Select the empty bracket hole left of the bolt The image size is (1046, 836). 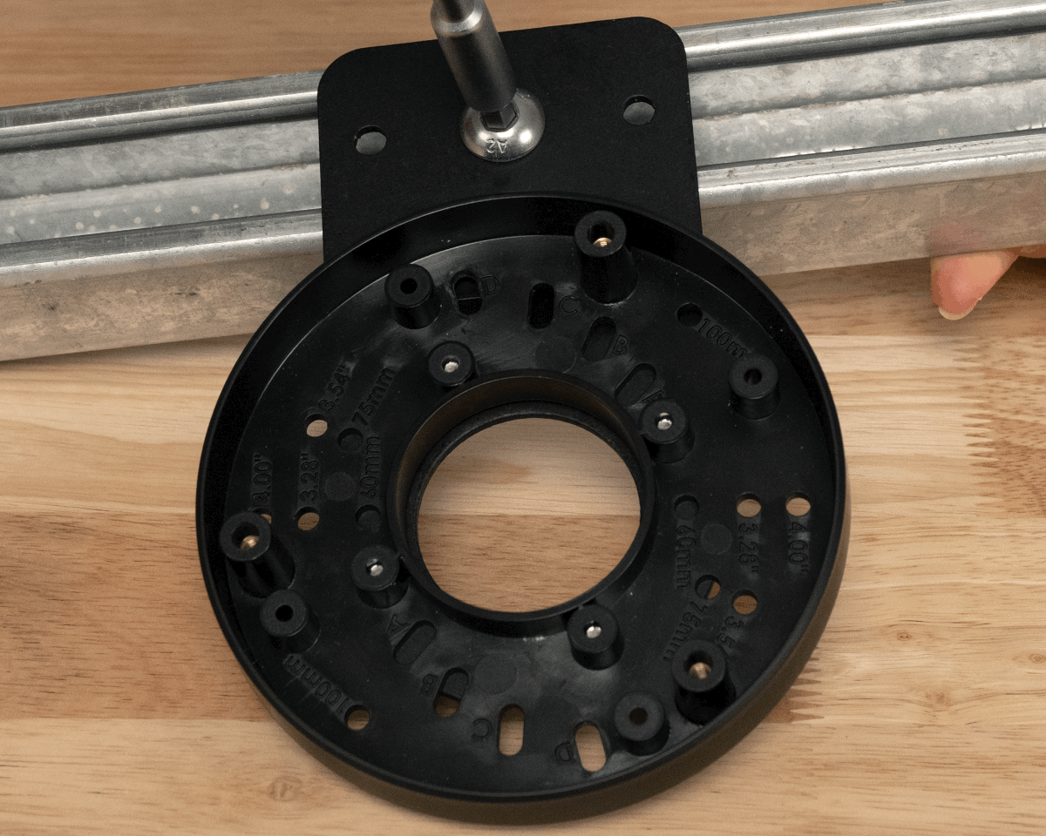370,139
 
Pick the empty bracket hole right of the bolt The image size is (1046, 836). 639,111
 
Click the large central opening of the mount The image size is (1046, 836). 527,514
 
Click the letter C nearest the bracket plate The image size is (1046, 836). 567,307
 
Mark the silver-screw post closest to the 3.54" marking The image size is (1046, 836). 451,363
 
